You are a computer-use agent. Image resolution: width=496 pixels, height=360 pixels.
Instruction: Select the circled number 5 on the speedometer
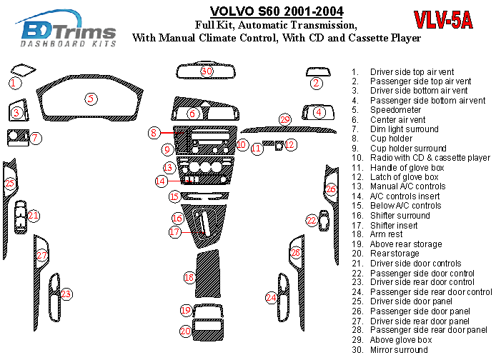[x=91, y=98]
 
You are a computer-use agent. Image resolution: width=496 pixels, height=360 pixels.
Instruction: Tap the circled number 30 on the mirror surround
[x=207, y=71]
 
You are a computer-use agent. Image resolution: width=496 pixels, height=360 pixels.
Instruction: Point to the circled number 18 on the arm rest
[x=189, y=276]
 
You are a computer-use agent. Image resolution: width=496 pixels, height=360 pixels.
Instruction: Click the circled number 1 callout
[x=14, y=83]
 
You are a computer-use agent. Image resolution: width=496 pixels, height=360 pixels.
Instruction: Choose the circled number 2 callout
[x=315, y=84]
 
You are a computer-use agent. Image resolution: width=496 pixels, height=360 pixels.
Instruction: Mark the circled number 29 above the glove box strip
[x=285, y=119]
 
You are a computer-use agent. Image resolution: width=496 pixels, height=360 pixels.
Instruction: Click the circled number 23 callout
[x=66, y=293]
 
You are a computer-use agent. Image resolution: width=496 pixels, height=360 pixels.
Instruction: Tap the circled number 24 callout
[x=271, y=296]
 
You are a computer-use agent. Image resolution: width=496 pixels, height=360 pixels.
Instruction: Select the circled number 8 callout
[x=154, y=133]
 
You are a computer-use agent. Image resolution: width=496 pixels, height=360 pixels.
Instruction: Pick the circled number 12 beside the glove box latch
[x=289, y=144]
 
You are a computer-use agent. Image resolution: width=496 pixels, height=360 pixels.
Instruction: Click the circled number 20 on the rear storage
[x=185, y=331]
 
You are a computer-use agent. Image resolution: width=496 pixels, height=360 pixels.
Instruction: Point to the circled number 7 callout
[x=34, y=137]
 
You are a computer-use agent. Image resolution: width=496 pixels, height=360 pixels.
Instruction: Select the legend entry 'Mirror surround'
[x=399, y=350]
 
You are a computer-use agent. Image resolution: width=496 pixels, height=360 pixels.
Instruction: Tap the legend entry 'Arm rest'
[x=386, y=234]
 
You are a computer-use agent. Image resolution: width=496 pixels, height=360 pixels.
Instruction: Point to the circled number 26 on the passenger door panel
[x=331, y=189]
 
